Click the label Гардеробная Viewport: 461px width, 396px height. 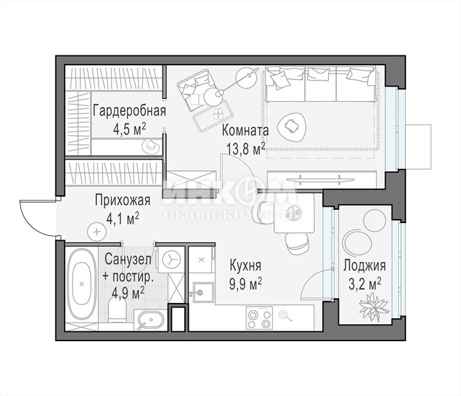pos(129,111)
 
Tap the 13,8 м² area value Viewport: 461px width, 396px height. pos(246,149)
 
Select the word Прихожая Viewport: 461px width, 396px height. pos(123,201)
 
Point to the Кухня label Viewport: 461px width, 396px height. pos(245,265)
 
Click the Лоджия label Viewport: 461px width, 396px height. pos(365,265)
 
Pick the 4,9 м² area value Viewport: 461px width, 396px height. pos(128,293)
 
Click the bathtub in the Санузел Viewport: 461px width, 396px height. pos(81,284)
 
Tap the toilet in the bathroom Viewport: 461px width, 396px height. pos(117,310)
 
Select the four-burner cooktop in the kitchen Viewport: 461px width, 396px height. pos(259,318)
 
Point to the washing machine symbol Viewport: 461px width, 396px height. pos(171,259)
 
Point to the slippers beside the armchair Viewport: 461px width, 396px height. pos(218,114)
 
